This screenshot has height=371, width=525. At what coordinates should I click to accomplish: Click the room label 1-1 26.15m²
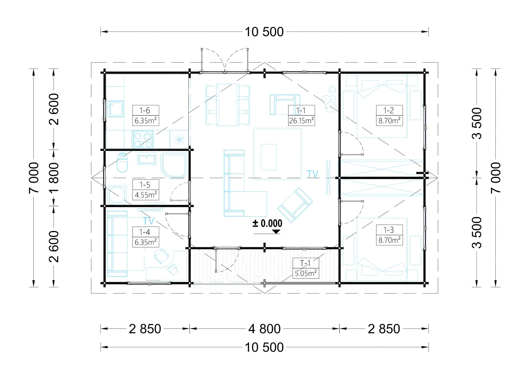302,115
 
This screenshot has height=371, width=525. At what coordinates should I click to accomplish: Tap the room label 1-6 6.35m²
146,115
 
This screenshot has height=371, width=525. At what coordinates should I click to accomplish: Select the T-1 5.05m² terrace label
305,268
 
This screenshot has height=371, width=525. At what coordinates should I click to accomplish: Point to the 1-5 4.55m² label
146,190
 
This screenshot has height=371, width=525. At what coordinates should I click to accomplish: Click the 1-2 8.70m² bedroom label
389,115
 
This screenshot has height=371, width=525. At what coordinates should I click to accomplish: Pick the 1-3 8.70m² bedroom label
389,235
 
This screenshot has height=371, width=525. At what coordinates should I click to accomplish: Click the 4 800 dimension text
264,329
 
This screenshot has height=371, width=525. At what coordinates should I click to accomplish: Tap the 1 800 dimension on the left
54,178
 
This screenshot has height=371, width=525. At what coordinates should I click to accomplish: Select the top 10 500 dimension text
264,32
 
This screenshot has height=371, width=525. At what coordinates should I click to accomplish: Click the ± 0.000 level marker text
267,223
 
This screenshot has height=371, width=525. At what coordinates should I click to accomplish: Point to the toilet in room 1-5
122,162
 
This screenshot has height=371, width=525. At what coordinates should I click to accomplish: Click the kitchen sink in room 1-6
115,109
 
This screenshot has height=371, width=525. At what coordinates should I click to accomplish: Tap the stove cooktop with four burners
142,139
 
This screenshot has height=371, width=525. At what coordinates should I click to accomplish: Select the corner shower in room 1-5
174,166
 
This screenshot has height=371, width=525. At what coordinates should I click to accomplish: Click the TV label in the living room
312,174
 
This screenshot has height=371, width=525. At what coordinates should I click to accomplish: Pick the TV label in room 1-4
149,221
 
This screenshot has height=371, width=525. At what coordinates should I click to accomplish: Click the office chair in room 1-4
161,256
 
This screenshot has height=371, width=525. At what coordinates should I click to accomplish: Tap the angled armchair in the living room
295,205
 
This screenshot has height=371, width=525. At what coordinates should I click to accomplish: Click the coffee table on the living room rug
269,157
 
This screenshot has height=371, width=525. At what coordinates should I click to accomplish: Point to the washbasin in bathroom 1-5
147,159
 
